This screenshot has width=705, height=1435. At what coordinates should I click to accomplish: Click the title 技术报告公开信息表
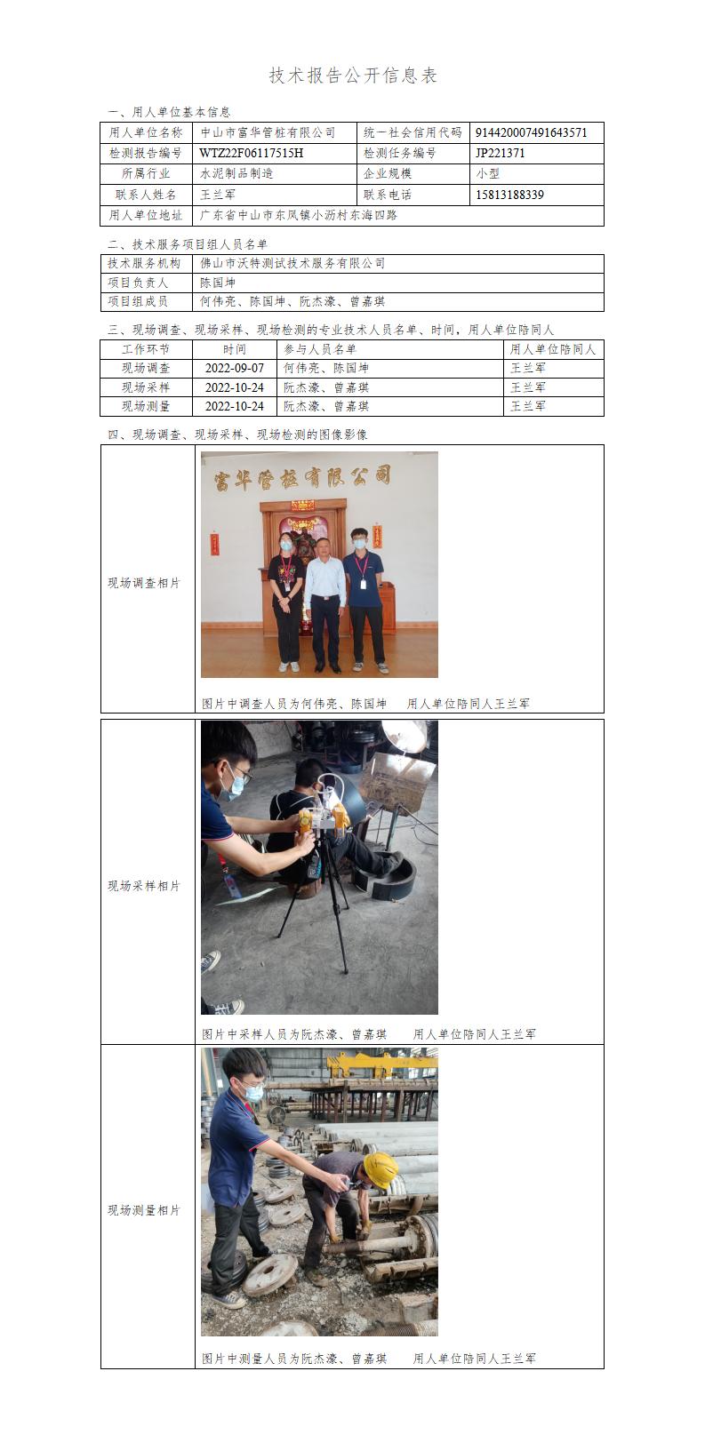[352, 76]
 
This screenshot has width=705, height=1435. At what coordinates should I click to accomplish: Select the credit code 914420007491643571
[531, 132]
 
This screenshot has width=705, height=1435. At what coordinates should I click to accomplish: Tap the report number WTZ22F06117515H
[252, 153]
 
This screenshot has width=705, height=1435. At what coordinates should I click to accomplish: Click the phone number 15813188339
[509, 195]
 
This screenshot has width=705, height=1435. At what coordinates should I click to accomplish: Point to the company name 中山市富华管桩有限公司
[268, 132]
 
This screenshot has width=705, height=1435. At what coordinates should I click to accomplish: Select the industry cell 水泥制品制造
[236, 173]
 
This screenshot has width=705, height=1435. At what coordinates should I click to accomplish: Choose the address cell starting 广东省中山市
[299, 215]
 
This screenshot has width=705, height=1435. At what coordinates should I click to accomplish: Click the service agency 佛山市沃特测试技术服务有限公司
[292, 263]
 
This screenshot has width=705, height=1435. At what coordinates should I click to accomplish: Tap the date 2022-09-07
[235, 369]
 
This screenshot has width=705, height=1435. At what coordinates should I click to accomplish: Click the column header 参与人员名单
[320, 349]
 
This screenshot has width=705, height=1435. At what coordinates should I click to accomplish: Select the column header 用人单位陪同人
[553, 349]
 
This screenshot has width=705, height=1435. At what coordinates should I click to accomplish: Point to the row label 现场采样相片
[144, 886]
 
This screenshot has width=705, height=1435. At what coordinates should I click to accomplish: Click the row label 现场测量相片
[144, 1210]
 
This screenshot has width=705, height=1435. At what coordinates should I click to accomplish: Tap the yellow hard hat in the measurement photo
[380, 1170]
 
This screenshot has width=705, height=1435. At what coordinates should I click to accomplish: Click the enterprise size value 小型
[488, 173]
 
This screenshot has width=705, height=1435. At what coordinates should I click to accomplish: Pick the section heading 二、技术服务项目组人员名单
[188, 244]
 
